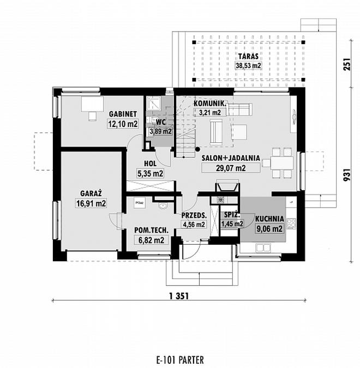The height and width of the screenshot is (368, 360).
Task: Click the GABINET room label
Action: [x=123, y=114]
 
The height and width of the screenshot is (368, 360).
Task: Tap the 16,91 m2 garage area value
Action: [x=91, y=203]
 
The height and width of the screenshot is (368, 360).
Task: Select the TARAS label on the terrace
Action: [x=248, y=57]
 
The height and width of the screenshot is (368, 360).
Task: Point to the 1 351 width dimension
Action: [x=179, y=296]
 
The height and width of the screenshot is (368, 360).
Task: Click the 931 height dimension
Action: [x=347, y=175]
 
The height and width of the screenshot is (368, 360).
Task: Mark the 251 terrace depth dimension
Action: [x=347, y=64]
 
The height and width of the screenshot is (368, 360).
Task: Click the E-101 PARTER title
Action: [x=180, y=360]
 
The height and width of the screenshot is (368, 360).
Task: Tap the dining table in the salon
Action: [x=282, y=162]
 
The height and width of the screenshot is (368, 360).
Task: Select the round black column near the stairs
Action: [x=198, y=149]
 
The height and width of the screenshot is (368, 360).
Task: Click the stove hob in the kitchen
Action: [x=291, y=224]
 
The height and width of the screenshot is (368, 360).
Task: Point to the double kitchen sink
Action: [x=263, y=248]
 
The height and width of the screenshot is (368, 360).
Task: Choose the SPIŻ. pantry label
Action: [x=232, y=215]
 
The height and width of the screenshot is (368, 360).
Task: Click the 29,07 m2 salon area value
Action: [x=231, y=168]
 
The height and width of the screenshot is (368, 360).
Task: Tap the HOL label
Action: [x=150, y=164]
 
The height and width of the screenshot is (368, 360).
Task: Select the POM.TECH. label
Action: [x=152, y=230]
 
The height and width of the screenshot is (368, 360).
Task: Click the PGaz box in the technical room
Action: [x=140, y=203]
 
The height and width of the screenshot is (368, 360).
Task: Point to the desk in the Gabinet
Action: [x=93, y=104]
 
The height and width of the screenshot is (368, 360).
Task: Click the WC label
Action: [x=161, y=122]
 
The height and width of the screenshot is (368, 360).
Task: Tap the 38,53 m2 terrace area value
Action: [x=248, y=65]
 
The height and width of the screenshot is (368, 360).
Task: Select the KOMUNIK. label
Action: [x=210, y=104]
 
